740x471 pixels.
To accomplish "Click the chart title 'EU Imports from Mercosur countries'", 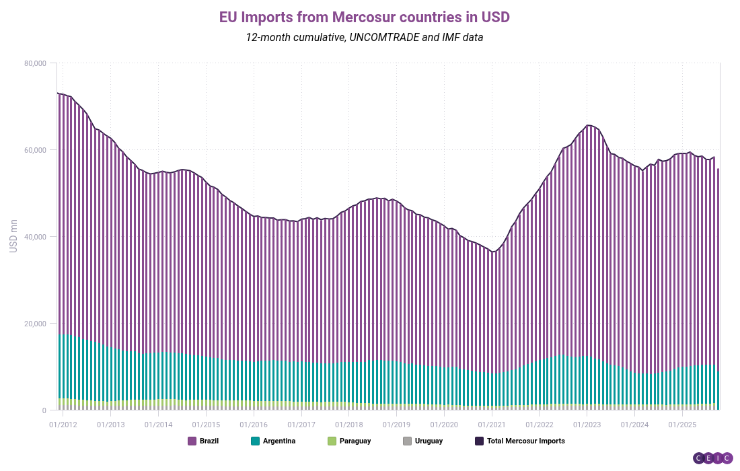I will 364,17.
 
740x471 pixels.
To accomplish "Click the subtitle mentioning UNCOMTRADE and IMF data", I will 364,38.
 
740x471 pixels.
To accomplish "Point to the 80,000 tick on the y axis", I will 34,63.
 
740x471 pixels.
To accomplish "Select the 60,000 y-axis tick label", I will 34,150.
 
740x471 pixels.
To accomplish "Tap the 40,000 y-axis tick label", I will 34,237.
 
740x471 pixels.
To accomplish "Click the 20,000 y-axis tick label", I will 34,324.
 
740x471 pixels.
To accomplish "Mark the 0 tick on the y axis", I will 43,410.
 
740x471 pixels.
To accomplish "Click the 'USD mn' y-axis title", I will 13,237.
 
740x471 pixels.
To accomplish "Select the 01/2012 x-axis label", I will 63,425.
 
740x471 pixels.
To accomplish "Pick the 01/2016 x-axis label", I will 254,425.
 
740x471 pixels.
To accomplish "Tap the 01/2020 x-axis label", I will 444,425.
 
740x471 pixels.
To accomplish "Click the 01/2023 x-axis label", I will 587,425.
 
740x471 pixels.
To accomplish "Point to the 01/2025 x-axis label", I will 682,425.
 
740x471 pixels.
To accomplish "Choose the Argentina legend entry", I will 273,441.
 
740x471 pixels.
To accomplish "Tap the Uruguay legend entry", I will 422,441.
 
